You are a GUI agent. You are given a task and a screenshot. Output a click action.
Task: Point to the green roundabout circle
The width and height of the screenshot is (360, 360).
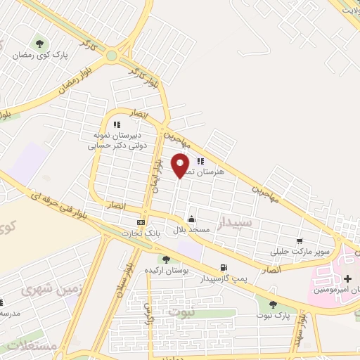coord(112,55)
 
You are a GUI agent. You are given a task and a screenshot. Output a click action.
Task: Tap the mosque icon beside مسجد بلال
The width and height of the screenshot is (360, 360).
coord(192,219)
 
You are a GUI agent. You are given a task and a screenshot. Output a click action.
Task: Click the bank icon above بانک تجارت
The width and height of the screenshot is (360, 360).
coord(141,223)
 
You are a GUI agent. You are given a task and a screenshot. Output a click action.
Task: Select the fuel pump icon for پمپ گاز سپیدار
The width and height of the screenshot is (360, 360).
coord(224,267)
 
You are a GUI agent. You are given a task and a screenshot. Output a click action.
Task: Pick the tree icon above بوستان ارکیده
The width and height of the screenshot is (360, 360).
coord(167,259)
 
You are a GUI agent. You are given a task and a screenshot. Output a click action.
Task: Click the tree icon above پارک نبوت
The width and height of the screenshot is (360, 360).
coord(274,304)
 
